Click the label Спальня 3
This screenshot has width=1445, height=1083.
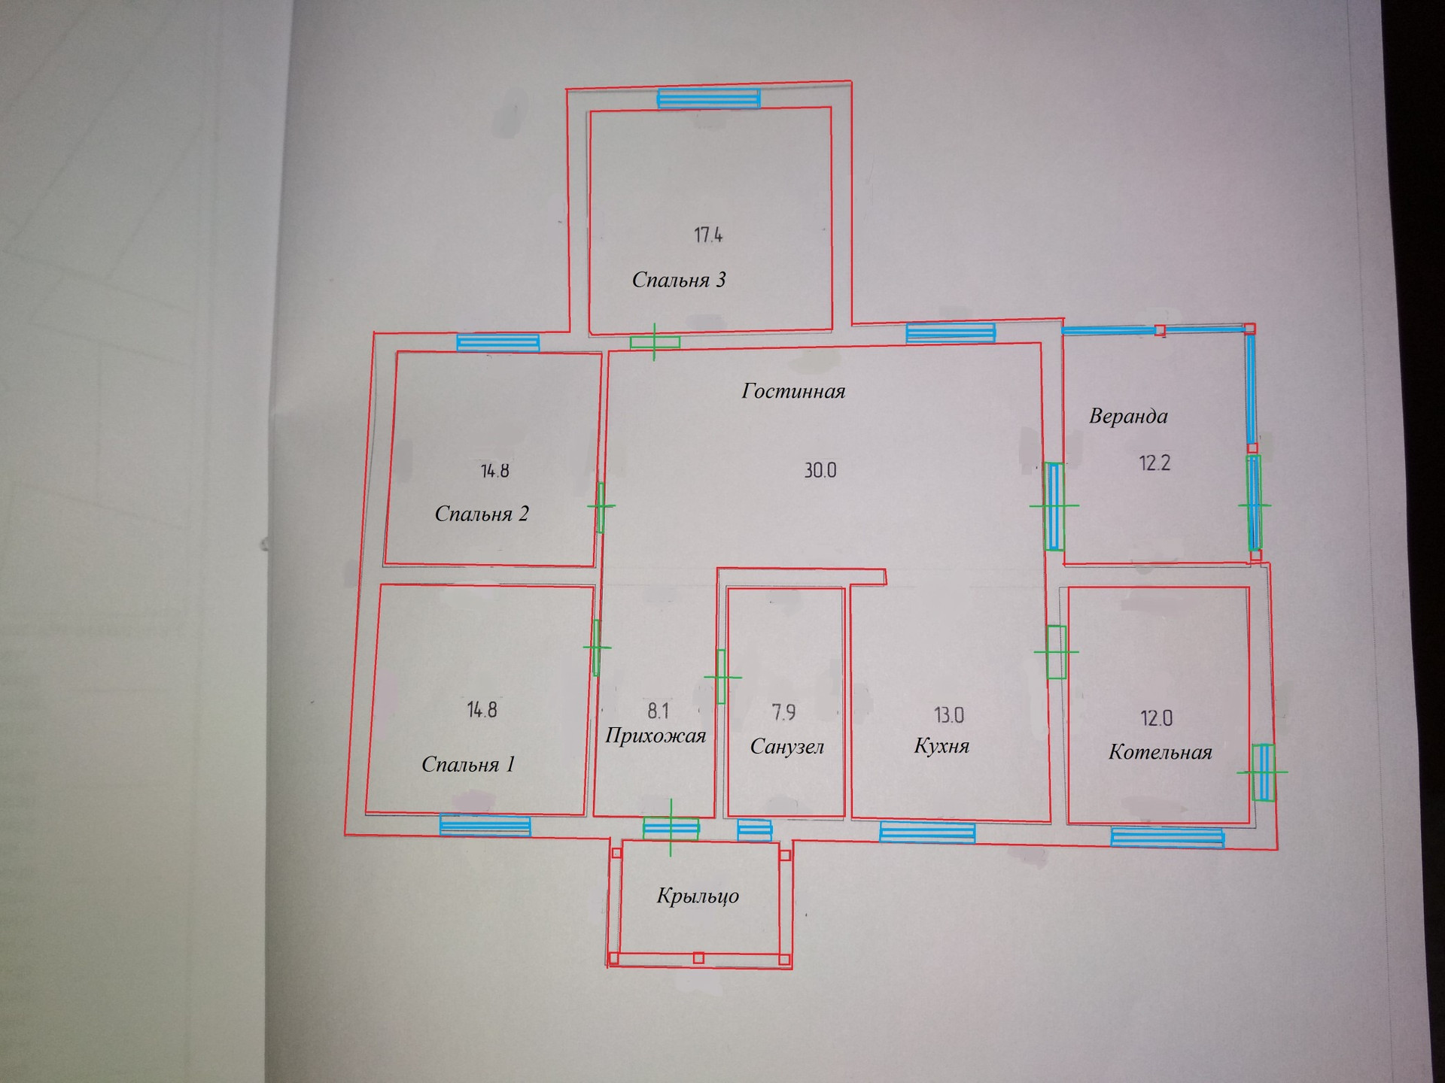678,281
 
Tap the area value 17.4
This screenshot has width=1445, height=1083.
708,235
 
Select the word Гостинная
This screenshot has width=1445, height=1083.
793,391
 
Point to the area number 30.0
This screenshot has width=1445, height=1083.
820,471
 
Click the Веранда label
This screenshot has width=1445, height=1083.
1128,416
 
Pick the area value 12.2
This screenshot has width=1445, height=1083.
1154,463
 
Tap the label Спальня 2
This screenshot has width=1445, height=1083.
482,514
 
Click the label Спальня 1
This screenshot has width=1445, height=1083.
468,765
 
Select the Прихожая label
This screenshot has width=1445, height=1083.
656,736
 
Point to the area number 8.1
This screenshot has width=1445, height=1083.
658,711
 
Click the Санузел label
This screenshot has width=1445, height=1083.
787,747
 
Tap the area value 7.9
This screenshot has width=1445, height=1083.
783,711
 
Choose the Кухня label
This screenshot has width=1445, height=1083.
942,746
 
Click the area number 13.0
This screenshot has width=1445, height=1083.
949,715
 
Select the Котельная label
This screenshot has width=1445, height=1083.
1160,753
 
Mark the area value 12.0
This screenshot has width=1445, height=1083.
1157,718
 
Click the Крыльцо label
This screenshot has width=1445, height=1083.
698,896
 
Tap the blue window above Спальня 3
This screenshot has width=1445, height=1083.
708,99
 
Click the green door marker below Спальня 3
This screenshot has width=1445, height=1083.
654,342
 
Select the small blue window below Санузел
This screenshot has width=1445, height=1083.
754,830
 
